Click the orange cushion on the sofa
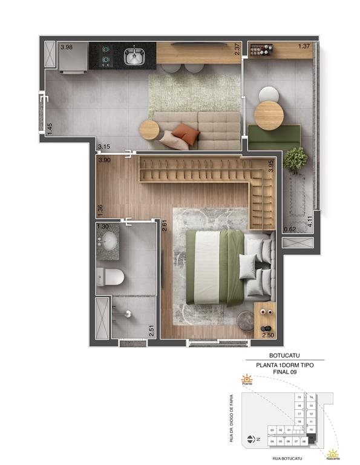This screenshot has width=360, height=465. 185,133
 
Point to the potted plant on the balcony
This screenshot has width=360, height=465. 295,160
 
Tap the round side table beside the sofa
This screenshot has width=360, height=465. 149,128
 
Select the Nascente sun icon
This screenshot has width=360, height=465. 332,452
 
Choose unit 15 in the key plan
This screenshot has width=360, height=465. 299,397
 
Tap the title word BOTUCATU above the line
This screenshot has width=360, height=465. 284,356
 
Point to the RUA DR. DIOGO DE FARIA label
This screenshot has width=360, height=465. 232,418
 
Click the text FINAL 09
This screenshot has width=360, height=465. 284,372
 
